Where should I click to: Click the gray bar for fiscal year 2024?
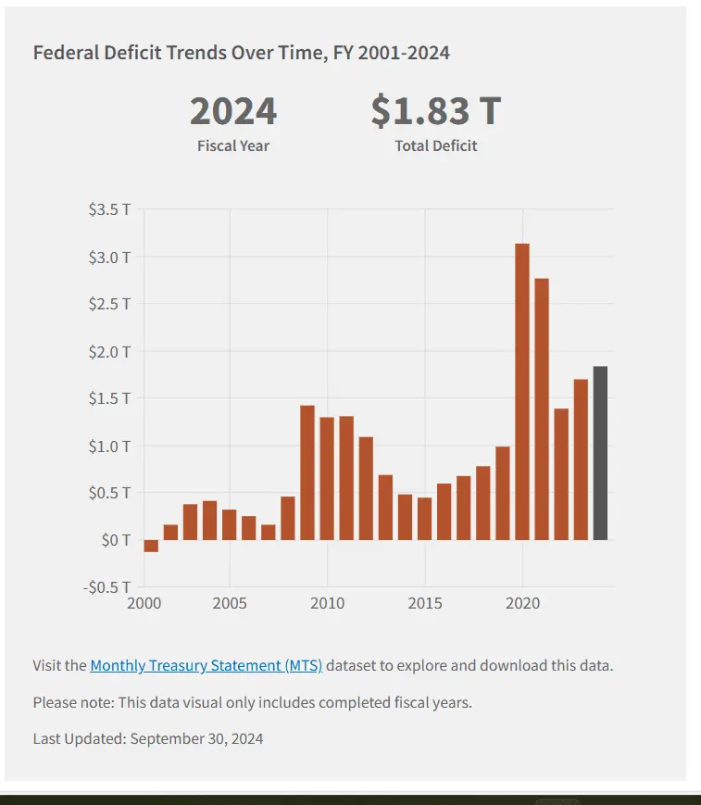600,453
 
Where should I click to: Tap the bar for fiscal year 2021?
542,409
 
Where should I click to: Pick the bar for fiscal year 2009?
307,472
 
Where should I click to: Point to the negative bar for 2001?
151,546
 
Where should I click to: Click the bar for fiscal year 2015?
424,519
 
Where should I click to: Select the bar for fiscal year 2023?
581,459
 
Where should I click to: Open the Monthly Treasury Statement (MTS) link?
206,665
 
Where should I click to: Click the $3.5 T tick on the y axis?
109,209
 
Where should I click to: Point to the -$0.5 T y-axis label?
106,587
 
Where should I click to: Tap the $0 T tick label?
115,540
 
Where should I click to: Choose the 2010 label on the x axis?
327,604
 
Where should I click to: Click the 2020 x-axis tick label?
522,604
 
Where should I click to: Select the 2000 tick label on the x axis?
144,604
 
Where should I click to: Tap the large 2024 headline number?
233,111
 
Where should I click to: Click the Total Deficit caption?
436,145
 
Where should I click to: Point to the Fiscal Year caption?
233,145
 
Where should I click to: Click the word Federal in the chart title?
64,53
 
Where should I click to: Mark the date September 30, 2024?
197,738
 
